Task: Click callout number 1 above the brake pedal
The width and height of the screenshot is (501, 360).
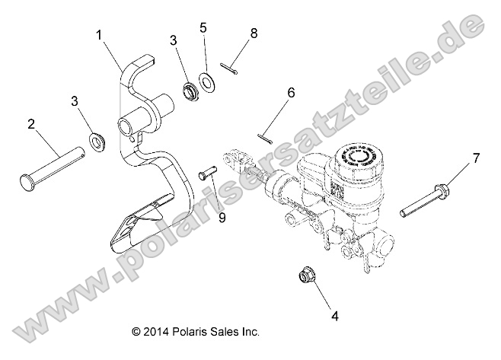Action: click(x=99, y=34)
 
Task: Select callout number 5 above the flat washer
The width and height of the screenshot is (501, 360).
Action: click(x=203, y=27)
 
